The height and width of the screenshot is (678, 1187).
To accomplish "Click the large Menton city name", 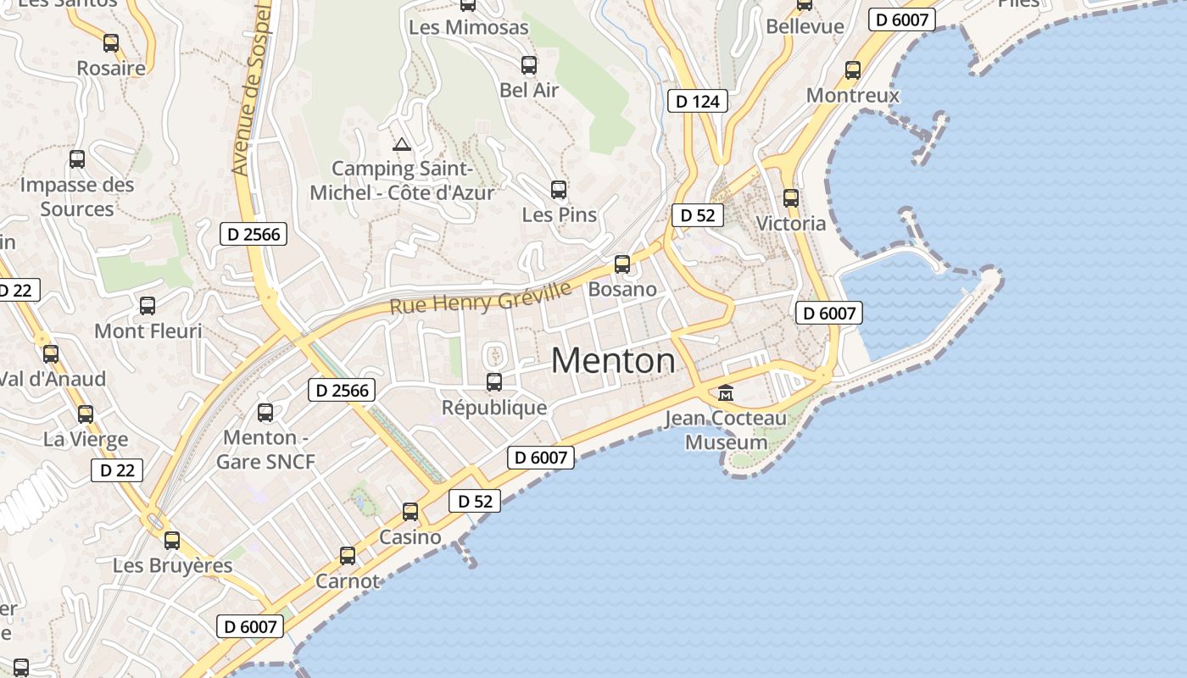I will pos(613,361).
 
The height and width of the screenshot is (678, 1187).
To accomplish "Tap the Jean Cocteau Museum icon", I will pos(726,393).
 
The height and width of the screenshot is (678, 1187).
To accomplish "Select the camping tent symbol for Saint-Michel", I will pos(401,144).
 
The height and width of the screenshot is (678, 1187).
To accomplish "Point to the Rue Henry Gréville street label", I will pos(481,298).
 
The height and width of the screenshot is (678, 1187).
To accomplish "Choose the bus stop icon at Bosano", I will pos(622,264).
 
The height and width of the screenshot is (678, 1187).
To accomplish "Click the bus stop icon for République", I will pos(494,382).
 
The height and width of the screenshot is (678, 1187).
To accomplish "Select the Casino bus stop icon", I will pos(410,512).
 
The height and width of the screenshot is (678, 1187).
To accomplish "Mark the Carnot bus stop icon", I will pos(348,556).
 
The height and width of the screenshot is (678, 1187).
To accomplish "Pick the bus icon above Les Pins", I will pos(559,190).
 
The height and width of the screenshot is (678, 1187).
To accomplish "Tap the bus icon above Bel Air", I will pos(529,65).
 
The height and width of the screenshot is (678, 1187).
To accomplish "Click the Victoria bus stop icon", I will pos(791,198).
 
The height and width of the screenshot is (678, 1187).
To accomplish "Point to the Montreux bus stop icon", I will pos(853,70).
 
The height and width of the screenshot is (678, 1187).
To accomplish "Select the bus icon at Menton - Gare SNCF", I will pos(265,413).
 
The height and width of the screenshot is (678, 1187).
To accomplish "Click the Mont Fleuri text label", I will pos(148,331).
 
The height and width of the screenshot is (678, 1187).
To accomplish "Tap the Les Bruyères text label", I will pos(172,565).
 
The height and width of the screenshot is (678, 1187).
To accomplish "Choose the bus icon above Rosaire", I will pos(111,43).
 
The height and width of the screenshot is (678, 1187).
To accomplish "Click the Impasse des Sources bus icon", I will pos(77,159).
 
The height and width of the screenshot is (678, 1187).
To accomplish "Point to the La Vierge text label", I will pos(86,439).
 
